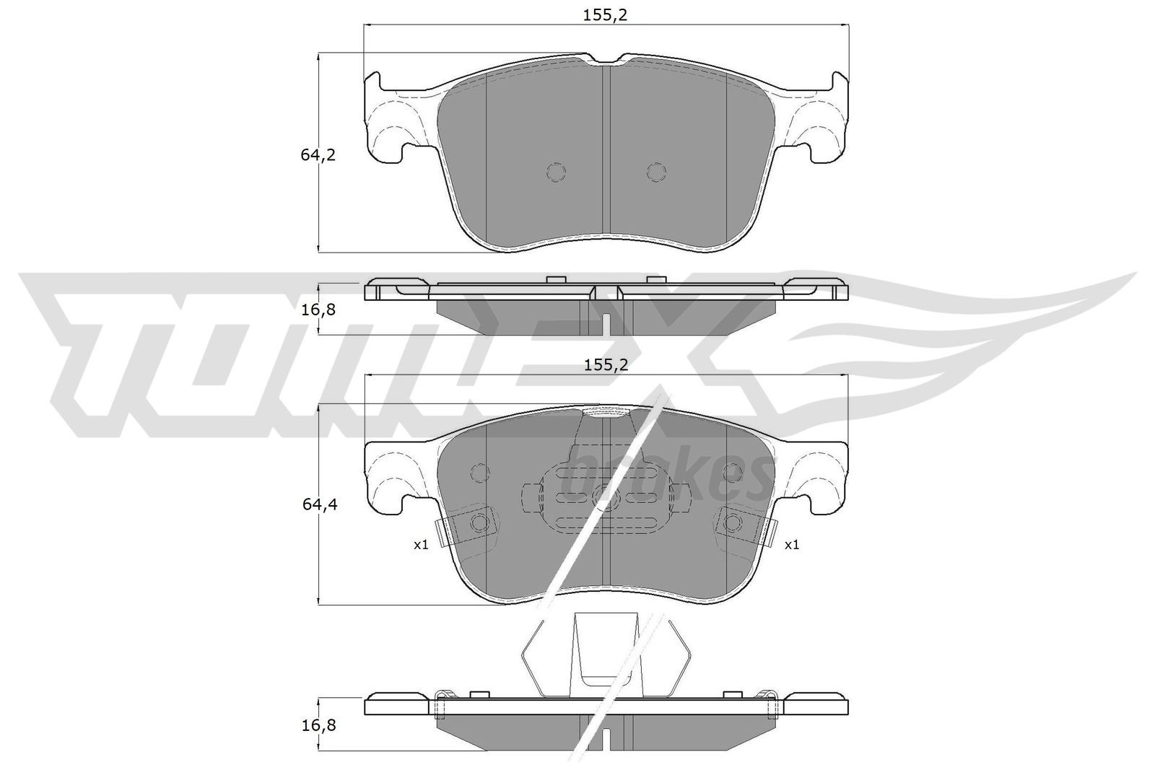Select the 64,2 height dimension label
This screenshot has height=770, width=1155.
(318, 154)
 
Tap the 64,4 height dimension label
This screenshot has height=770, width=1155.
(318, 505)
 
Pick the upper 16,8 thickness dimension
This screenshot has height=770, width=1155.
(318, 310)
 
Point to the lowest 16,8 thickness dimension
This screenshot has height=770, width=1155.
(318, 724)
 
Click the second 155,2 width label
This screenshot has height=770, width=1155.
(606, 365)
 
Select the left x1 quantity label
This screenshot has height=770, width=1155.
(420, 545)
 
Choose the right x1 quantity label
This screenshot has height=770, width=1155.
(791, 545)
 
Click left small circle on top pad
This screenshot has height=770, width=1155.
(556, 172)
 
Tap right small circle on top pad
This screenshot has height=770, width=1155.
(655, 172)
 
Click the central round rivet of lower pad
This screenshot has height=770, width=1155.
(605, 496)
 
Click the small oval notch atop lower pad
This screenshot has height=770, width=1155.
(606, 413)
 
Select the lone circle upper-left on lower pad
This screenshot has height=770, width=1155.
(479, 472)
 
